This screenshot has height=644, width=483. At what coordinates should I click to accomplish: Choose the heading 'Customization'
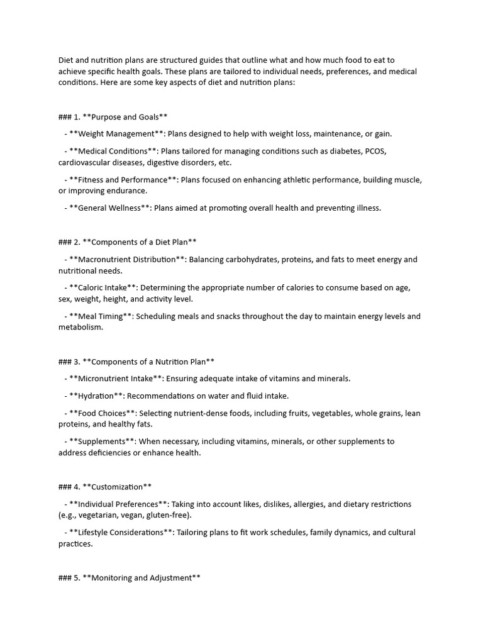[117, 487]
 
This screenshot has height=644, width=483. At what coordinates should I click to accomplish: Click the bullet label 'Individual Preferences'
[119, 504]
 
